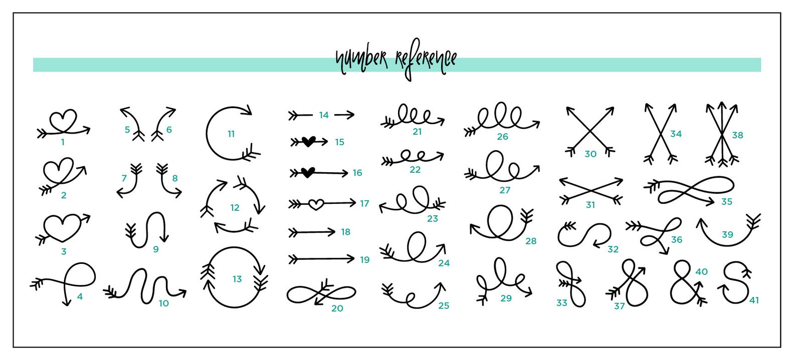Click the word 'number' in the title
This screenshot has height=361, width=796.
361,60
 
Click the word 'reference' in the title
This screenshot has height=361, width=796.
426,61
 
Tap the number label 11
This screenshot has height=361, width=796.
231,134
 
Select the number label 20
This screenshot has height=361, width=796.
337,308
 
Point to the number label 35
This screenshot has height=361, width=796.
727,201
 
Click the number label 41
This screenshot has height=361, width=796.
754,300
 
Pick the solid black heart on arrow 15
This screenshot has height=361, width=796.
308,142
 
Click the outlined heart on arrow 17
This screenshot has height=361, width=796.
315,204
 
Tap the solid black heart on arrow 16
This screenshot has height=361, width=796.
308,173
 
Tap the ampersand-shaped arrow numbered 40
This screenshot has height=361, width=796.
685,283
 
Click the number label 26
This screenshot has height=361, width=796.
502,136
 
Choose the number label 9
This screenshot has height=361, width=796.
156,249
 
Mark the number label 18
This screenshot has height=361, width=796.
345,232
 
